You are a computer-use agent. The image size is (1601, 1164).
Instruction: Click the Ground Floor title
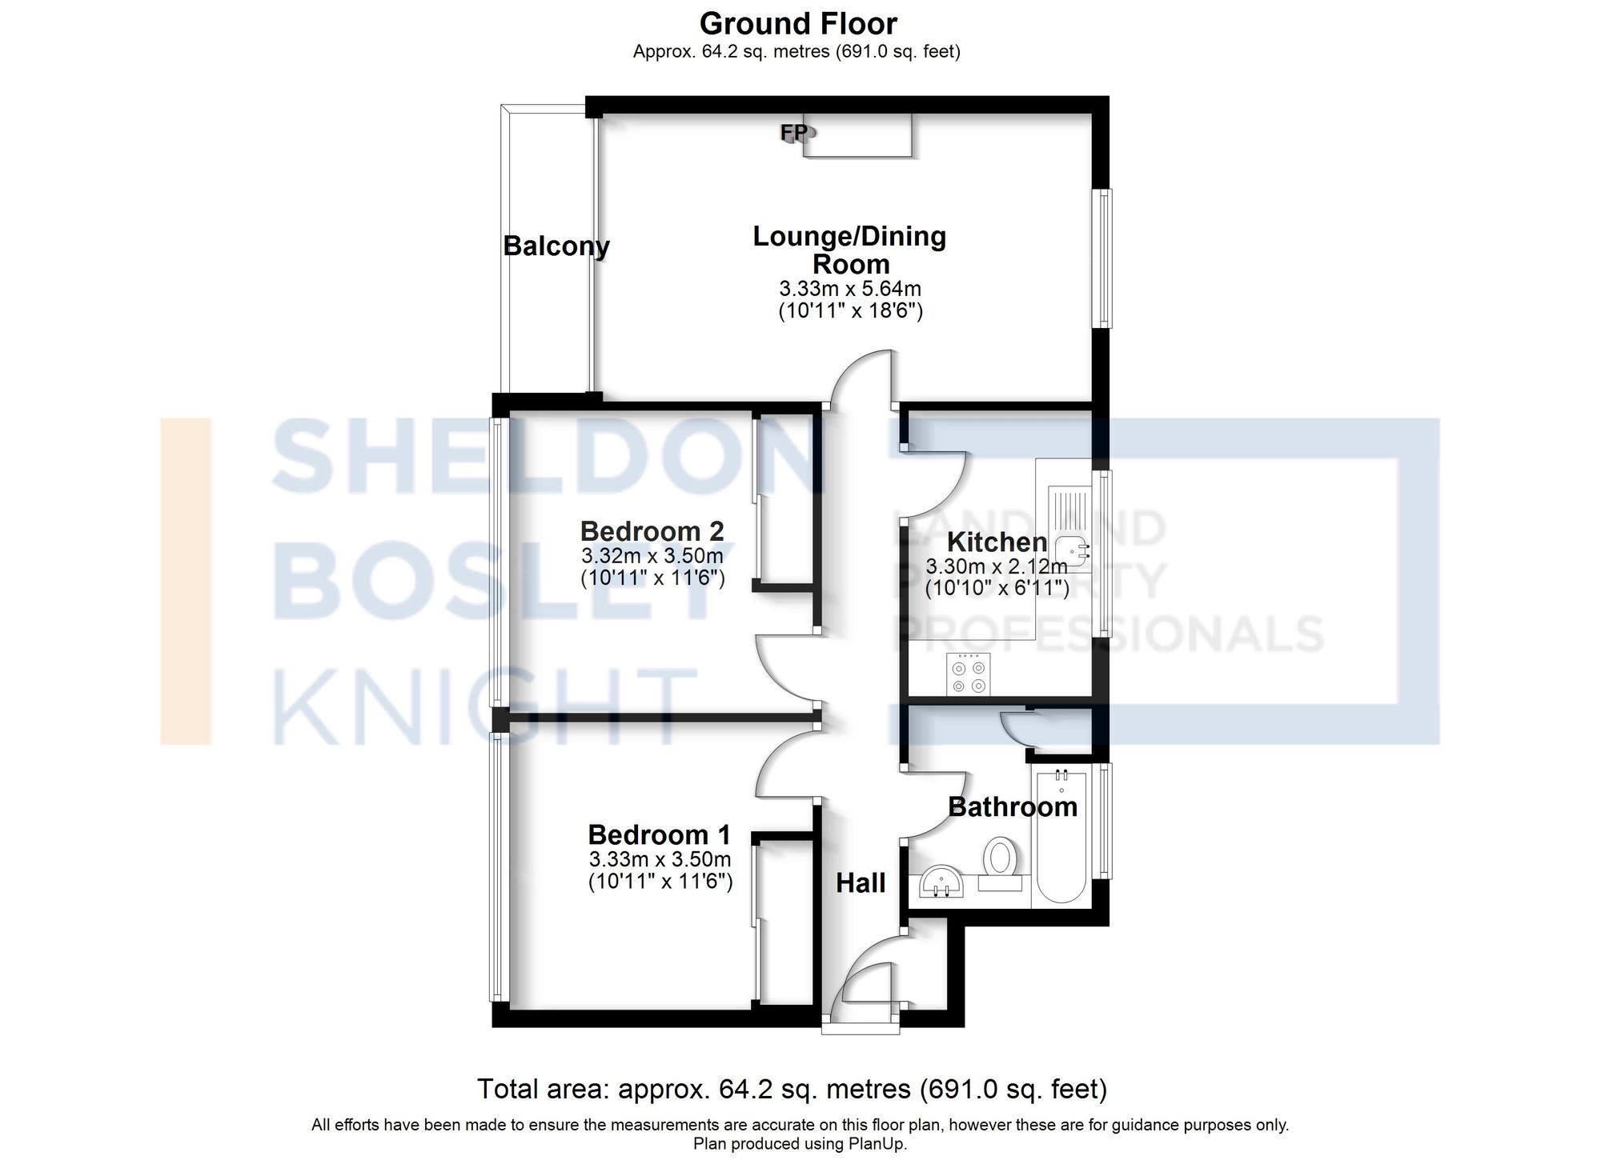click(798, 24)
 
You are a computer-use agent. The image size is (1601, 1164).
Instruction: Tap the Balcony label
click(556, 246)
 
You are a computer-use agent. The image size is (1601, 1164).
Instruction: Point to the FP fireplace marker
click(794, 132)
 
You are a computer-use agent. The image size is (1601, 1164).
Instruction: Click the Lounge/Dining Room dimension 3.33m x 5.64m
click(850, 289)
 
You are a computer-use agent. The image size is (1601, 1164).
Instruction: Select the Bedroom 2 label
click(652, 531)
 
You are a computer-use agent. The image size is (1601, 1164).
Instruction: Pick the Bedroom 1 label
click(659, 835)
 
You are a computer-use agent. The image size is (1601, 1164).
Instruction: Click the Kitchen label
click(997, 542)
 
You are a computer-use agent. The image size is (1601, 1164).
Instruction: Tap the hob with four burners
click(968, 674)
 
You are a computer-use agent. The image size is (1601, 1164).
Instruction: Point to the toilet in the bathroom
click(1000, 858)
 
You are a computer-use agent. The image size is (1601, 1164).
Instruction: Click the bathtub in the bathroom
click(1061, 840)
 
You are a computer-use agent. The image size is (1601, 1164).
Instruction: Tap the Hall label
click(861, 883)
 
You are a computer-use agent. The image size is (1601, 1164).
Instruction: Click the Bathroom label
click(1013, 806)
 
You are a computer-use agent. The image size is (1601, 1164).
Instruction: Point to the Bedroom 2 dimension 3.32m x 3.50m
click(652, 556)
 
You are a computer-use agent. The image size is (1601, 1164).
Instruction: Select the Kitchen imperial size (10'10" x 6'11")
click(997, 589)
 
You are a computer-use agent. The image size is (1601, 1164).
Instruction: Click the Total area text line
click(792, 1089)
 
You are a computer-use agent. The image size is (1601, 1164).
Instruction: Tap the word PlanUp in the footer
click(880, 1144)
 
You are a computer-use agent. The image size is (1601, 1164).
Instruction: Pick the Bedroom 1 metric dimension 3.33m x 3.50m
click(660, 860)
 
